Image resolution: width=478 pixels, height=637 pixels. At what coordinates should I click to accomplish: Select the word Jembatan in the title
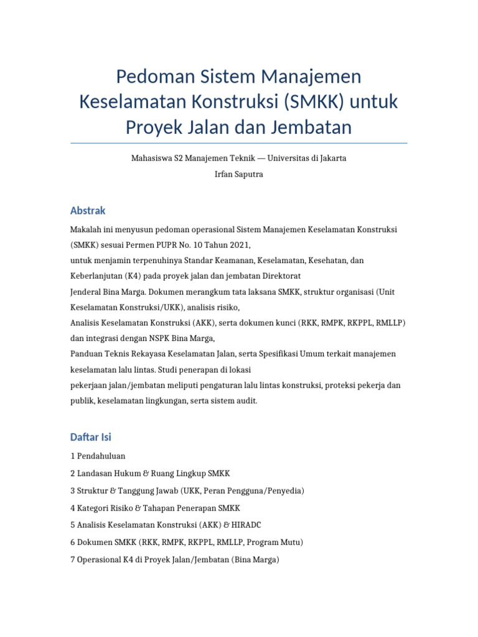click(312, 127)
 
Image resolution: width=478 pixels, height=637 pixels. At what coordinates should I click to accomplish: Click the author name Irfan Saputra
click(238, 174)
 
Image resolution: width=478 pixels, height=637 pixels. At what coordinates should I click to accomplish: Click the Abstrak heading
click(88, 211)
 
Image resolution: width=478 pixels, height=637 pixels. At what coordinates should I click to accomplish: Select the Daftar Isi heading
click(91, 437)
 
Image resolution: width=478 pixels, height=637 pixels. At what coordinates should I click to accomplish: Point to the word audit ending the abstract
click(245, 401)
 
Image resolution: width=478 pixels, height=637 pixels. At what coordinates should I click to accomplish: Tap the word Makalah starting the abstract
click(87, 230)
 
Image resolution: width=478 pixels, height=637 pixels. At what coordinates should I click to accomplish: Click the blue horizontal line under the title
click(239, 143)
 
